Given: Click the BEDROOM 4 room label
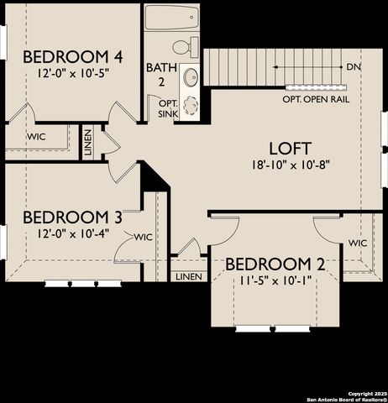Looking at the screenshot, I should coord(73,57).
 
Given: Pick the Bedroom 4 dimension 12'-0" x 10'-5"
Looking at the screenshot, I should coord(73,73).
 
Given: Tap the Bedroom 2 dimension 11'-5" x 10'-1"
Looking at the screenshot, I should coord(275,281).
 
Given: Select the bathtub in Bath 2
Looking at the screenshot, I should coord(171,18).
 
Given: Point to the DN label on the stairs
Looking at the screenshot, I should coord(354,65).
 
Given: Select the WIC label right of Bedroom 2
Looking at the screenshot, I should coord(358,243).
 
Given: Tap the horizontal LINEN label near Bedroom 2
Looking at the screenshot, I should coord(189,276).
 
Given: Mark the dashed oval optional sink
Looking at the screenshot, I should coord(192,106).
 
